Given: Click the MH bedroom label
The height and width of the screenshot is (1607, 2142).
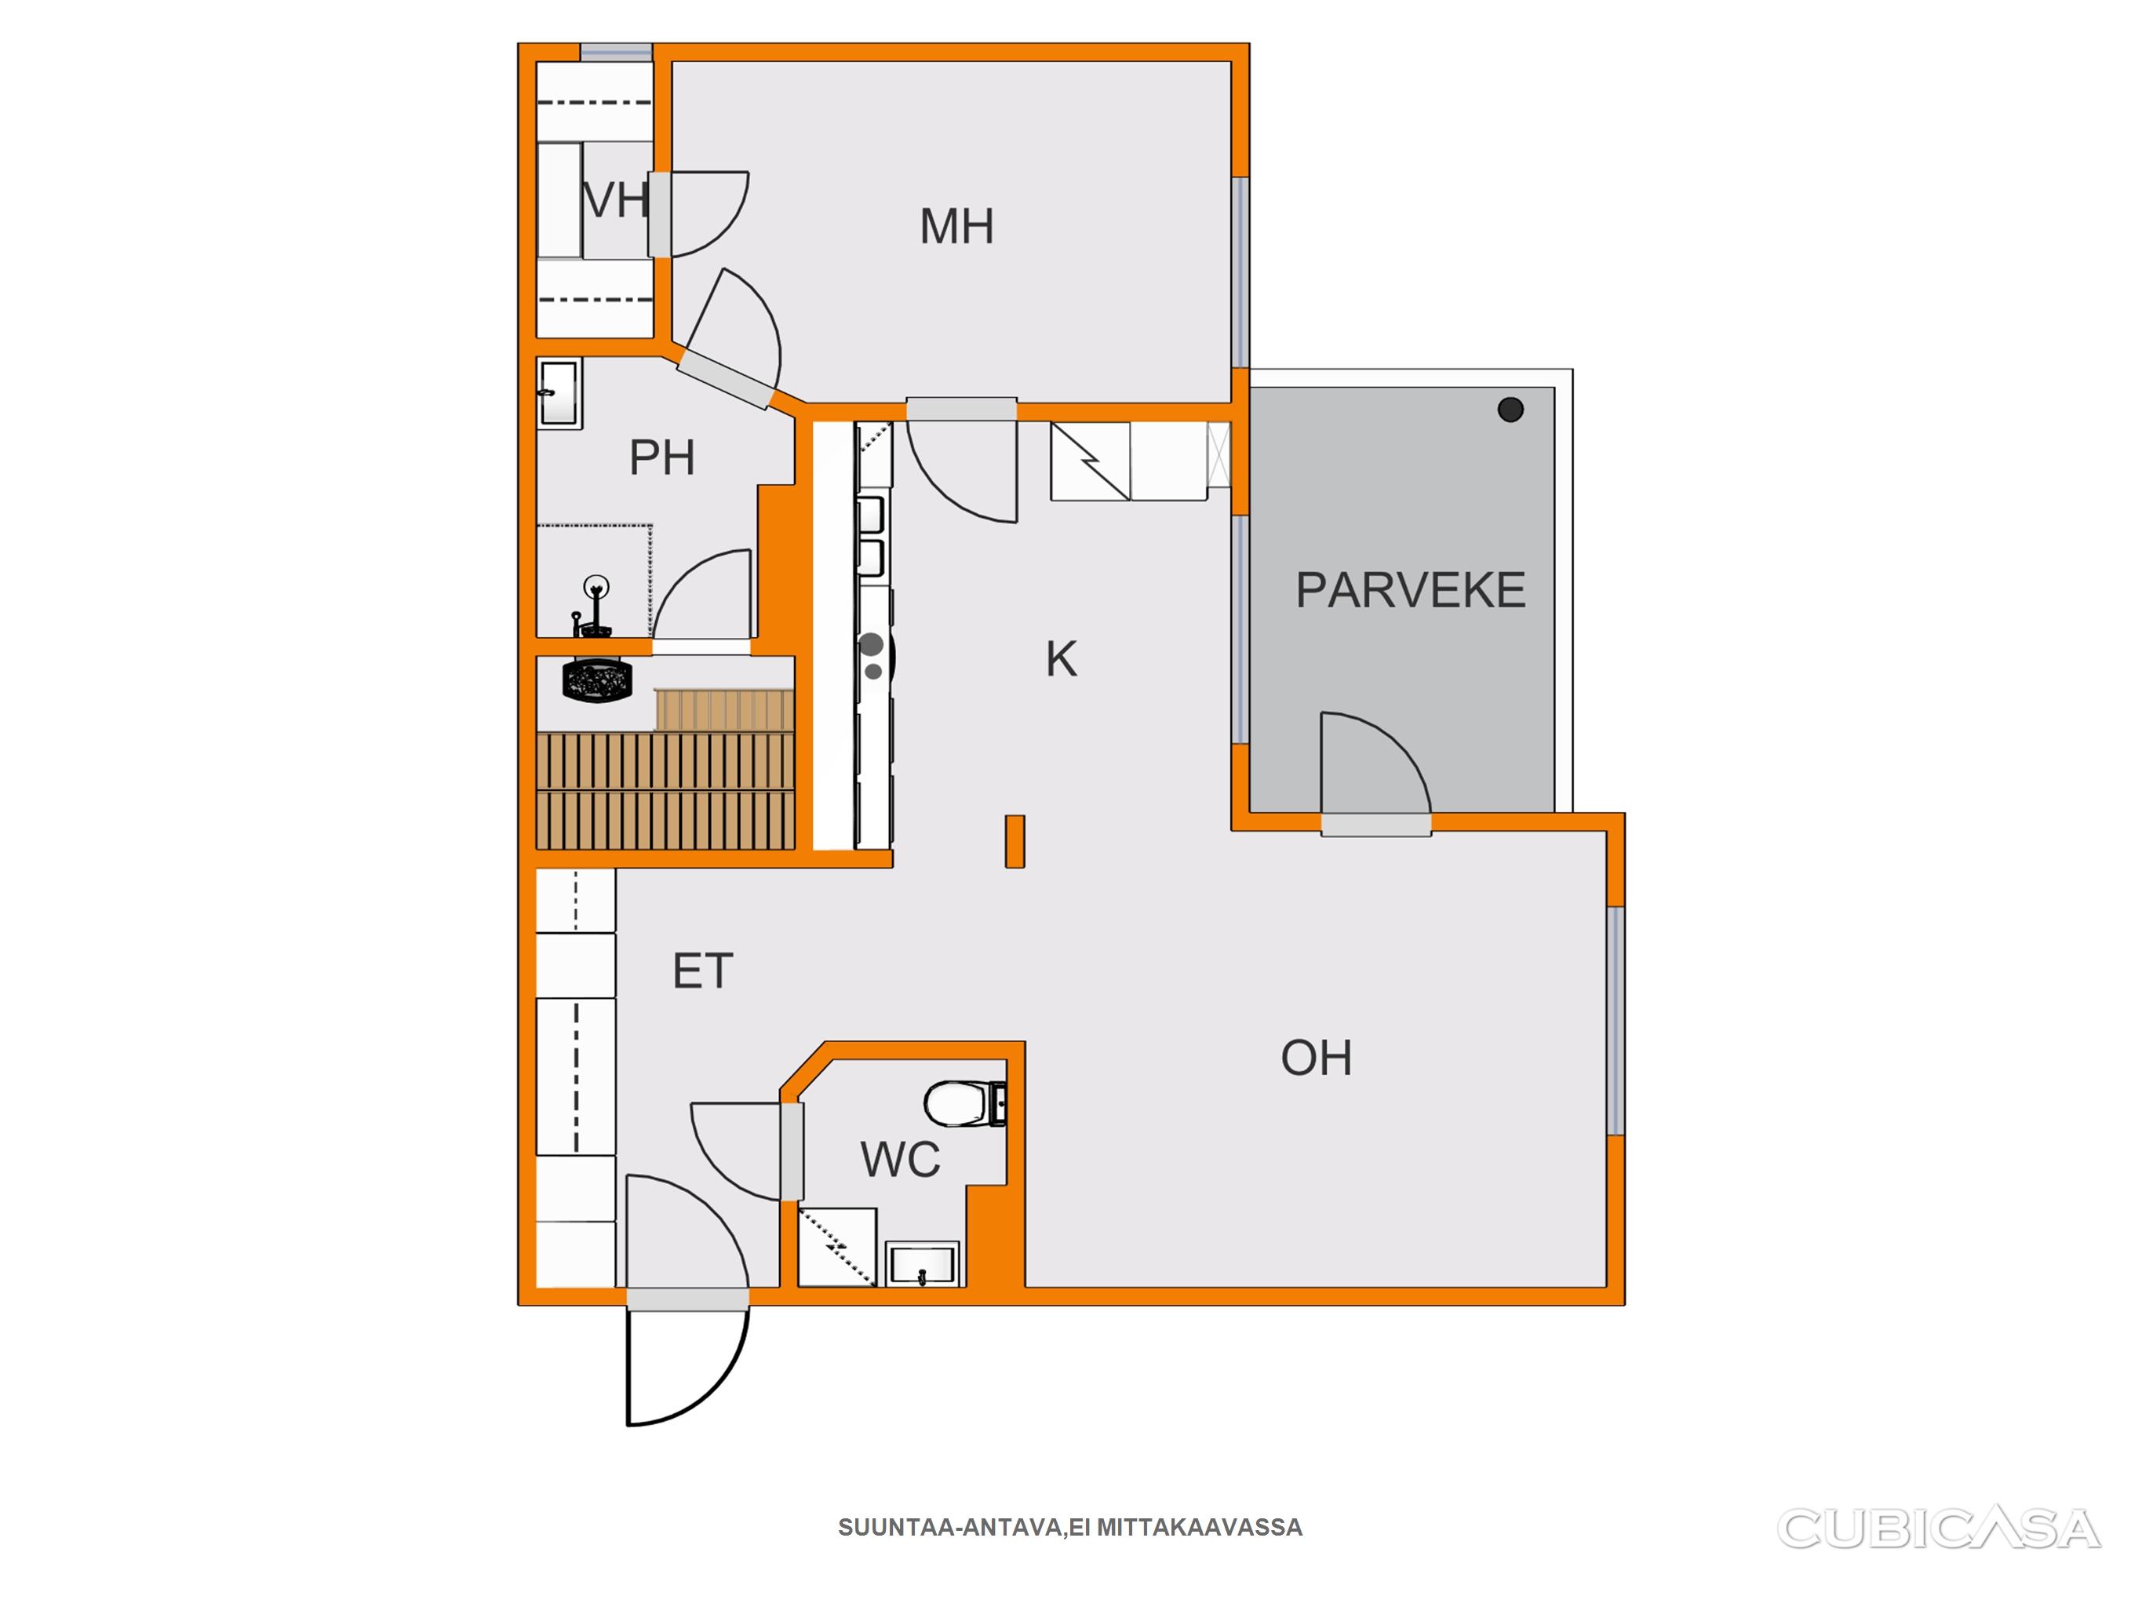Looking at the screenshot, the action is tap(956, 227).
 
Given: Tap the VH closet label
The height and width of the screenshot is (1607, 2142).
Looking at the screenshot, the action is tap(615, 201).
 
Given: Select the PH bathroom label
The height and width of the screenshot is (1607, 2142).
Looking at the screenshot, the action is tap(662, 457).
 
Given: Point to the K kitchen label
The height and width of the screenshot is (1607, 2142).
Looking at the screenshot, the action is tap(1062, 660).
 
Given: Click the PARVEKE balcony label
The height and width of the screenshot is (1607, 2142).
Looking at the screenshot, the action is tap(1410, 590).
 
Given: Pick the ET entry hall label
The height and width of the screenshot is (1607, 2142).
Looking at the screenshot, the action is tap(703, 971).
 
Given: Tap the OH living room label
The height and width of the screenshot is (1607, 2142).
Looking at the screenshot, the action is tap(1316, 1058).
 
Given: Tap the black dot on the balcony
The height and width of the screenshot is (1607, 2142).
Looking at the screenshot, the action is tap(1510, 410).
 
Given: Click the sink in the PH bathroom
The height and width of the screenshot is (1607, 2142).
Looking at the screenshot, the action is tap(559, 393).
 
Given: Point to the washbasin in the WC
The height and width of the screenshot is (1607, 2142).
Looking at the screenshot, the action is tap(923, 1264).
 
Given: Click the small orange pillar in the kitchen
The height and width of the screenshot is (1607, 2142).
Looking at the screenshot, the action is tap(1015, 841).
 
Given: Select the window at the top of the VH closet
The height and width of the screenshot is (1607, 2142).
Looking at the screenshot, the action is tap(616, 53).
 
